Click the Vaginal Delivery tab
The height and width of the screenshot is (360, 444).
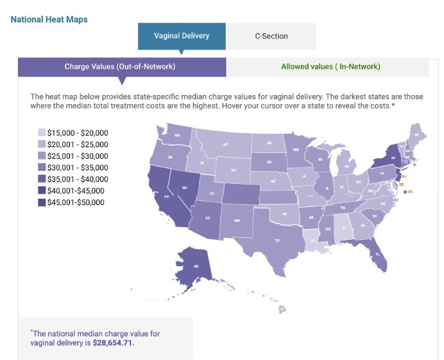pyautogui.click(x=182, y=36)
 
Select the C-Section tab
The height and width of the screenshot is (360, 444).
pyautogui.click(x=271, y=37)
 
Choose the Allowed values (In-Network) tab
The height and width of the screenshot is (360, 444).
pyautogui.click(x=330, y=66)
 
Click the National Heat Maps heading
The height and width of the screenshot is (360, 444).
pyautogui.click(x=49, y=19)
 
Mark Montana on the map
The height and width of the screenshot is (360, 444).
pyautogui.click(x=225, y=145)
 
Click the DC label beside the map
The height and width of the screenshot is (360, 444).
pyautogui.click(x=410, y=192)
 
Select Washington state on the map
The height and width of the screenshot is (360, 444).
pyautogui.click(x=177, y=135)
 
